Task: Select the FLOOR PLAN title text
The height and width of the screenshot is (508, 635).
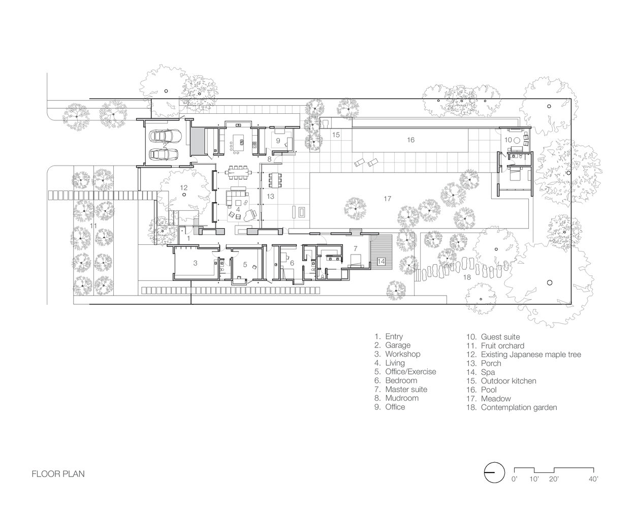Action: (58, 474)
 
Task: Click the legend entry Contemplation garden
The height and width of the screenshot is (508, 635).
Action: (512, 407)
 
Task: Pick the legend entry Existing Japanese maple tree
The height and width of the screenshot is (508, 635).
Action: (523, 355)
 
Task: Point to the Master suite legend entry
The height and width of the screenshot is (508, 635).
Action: (401, 389)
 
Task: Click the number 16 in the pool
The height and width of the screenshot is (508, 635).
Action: (411, 140)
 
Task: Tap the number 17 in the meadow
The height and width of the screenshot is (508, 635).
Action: (388, 199)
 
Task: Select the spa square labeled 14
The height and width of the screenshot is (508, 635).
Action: (381, 261)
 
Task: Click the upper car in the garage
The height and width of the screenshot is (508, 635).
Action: (165, 136)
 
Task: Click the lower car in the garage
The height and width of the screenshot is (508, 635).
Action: (164, 154)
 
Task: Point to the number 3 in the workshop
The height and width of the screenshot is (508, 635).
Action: (195, 263)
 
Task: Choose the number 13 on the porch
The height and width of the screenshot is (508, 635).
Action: (271, 196)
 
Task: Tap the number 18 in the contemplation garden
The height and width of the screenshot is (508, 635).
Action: (467, 277)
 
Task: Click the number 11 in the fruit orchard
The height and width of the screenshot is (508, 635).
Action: (93, 226)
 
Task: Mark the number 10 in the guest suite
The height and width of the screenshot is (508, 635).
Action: (508, 140)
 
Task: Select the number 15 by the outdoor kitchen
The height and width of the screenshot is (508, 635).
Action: (336, 135)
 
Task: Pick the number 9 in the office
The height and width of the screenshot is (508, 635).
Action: (278, 141)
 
